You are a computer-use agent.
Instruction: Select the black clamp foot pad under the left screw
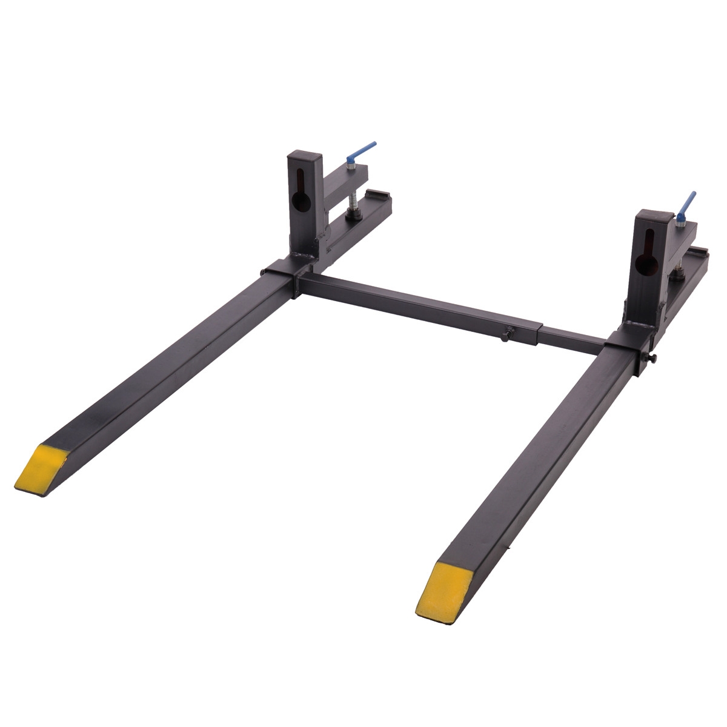pyautogui.click(x=351, y=213)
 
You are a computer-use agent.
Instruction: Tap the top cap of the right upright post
pyautogui.click(x=654, y=216)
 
